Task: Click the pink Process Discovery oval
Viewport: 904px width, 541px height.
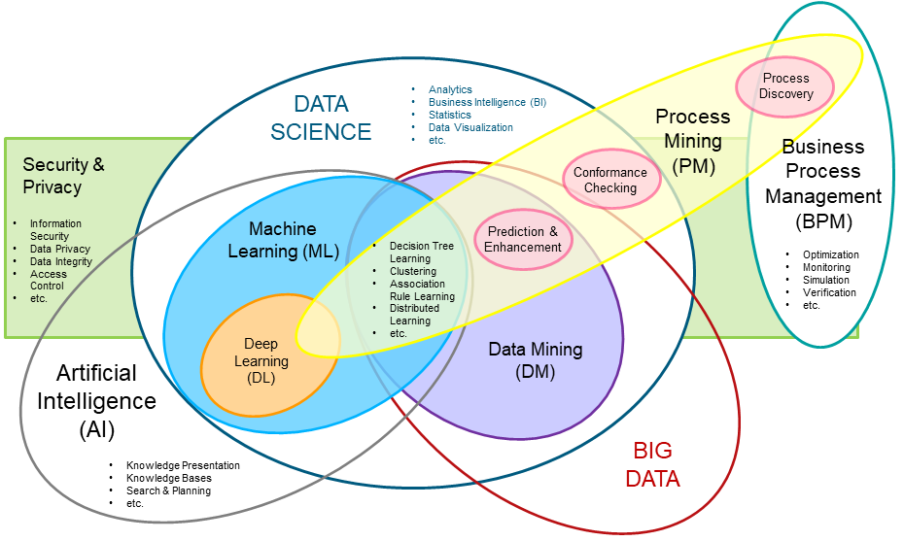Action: tap(785, 85)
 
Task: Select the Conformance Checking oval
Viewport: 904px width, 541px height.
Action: tap(609, 180)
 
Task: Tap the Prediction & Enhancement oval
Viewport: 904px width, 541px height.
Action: tap(523, 239)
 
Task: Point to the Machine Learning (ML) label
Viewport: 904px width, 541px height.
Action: tap(283, 240)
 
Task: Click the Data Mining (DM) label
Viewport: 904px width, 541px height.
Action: tap(535, 359)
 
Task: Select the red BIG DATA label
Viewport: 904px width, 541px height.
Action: tap(652, 464)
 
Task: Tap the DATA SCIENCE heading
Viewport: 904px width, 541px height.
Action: tap(321, 118)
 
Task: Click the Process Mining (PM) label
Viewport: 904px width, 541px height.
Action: tap(692, 141)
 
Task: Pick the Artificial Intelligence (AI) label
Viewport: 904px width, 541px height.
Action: tap(96, 400)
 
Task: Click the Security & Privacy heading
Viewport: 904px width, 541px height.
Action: tap(63, 175)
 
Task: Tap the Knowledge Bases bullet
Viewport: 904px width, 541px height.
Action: tap(168, 478)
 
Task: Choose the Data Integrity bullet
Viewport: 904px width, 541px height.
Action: tap(60, 261)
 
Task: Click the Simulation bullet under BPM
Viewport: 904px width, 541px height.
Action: tap(825, 280)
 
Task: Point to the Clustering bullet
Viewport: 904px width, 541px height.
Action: tap(413, 271)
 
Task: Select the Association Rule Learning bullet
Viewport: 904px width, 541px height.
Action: tap(422, 290)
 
